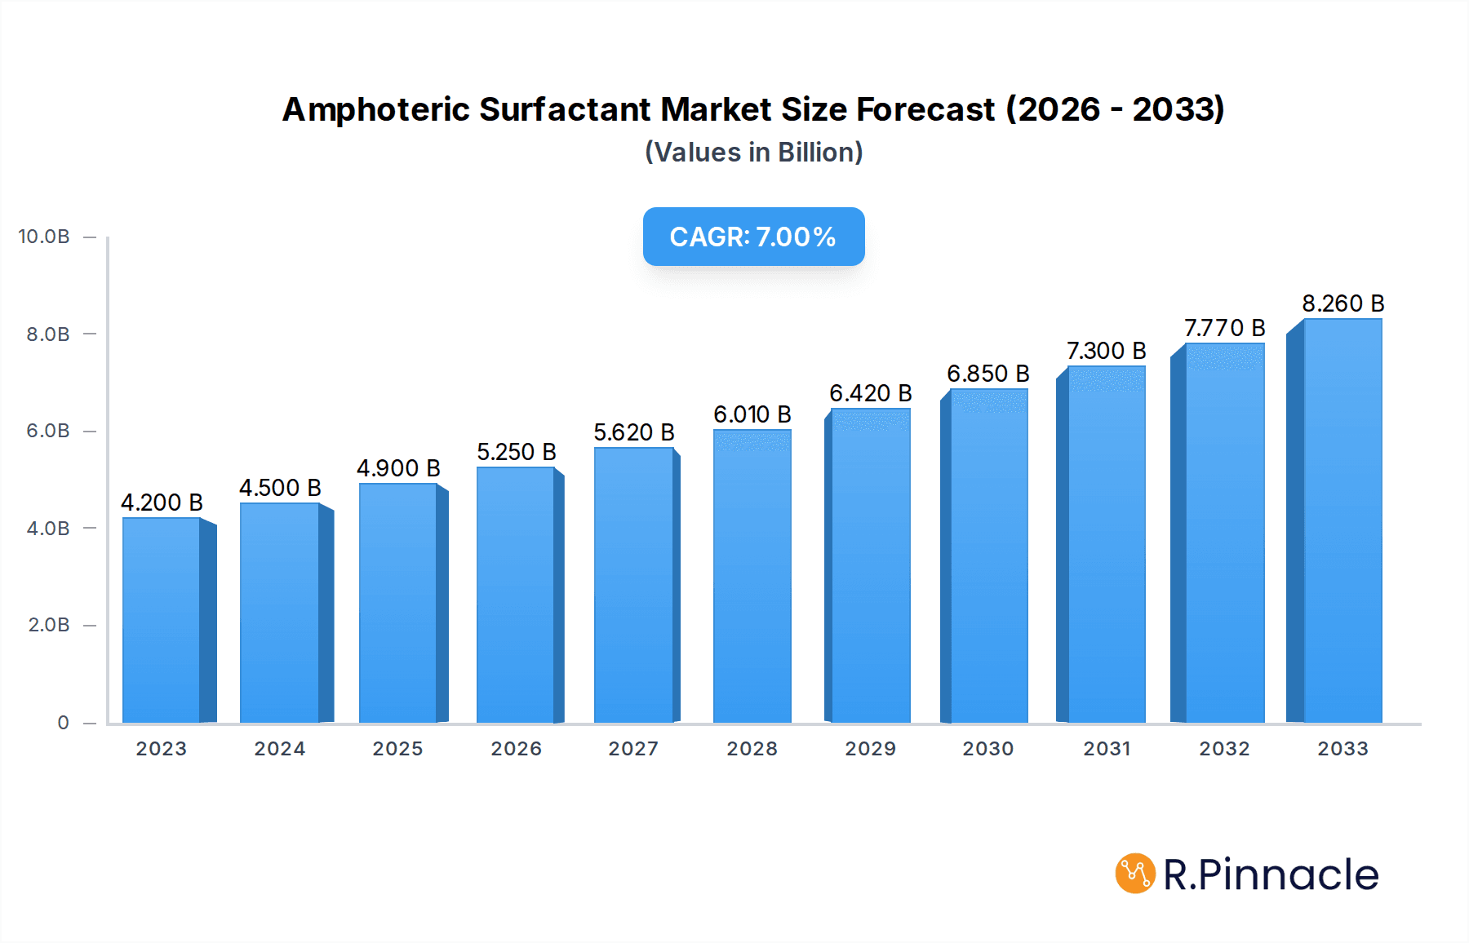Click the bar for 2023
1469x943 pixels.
tap(162, 620)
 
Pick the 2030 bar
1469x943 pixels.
tap(988, 556)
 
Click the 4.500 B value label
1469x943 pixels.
tap(280, 488)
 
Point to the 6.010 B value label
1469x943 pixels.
tap(752, 414)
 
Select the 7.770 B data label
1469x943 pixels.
tap(1224, 328)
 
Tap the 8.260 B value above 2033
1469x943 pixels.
tap(1343, 303)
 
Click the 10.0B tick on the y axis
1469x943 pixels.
tap(44, 237)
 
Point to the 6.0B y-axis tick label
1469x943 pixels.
tap(48, 431)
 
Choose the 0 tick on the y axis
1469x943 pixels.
tap(63, 723)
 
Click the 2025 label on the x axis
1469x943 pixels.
tap(397, 749)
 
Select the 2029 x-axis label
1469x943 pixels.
tap(870, 749)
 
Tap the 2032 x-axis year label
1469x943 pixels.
tap(1224, 749)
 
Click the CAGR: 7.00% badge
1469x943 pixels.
tap(753, 237)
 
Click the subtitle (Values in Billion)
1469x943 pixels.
tap(753, 153)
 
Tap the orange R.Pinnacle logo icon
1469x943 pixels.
tap(1135, 874)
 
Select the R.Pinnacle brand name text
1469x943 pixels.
tap(1271, 874)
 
